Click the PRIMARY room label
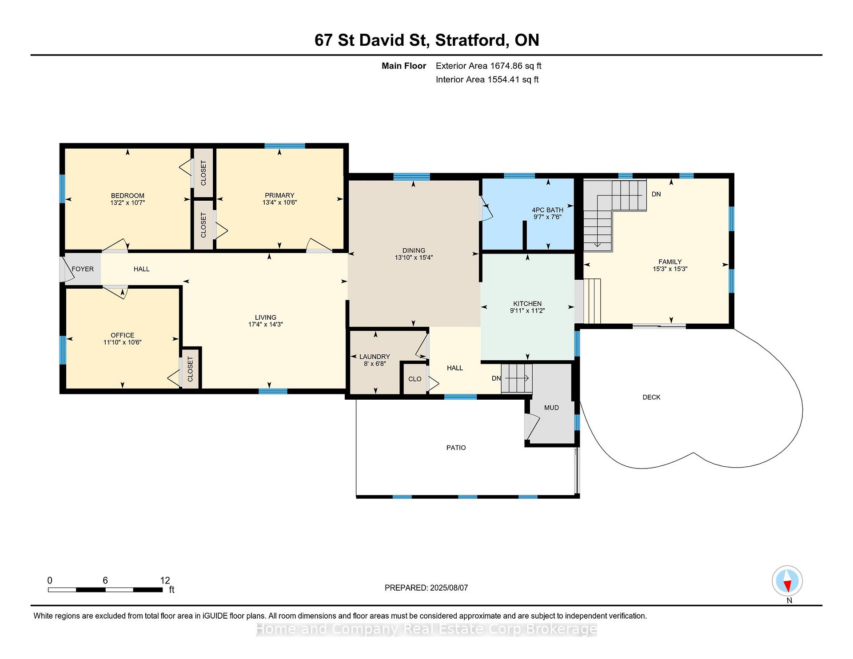coord(279,195)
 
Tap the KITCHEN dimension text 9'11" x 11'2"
coord(527,311)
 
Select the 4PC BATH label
coord(547,210)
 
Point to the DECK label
coord(651,397)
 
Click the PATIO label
coord(456,448)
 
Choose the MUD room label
coord(551,408)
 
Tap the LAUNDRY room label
coord(375,357)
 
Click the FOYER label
coord(83,269)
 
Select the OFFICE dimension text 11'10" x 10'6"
coord(122,342)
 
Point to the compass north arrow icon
coord(787,581)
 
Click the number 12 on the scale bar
coord(165,580)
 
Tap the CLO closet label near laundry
coord(415,379)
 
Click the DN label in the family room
coord(656,194)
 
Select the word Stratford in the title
coord(472,40)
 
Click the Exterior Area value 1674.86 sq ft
coord(516,66)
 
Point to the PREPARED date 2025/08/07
coord(449,588)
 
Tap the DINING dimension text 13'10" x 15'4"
coord(414,258)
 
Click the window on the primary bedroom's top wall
coord(285,146)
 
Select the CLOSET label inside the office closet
coord(191,369)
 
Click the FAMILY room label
coord(670,262)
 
